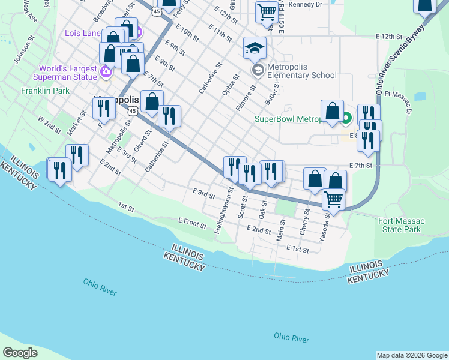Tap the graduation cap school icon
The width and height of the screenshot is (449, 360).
point(255,48)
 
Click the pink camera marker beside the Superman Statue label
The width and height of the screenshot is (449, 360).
point(106,73)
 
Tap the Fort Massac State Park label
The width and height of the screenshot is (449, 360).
point(402,225)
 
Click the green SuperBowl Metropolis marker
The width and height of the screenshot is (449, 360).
point(346,118)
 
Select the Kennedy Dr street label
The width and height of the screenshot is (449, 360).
point(305,4)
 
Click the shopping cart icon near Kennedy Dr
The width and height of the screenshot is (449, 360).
point(266,11)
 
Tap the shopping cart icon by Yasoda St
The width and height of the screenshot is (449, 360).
point(333,199)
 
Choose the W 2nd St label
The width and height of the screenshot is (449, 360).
point(50,124)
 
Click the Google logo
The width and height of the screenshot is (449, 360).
point(20,352)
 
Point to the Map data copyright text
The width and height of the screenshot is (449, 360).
point(411,355)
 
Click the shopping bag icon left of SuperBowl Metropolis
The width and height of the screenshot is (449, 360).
point(332,111)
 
